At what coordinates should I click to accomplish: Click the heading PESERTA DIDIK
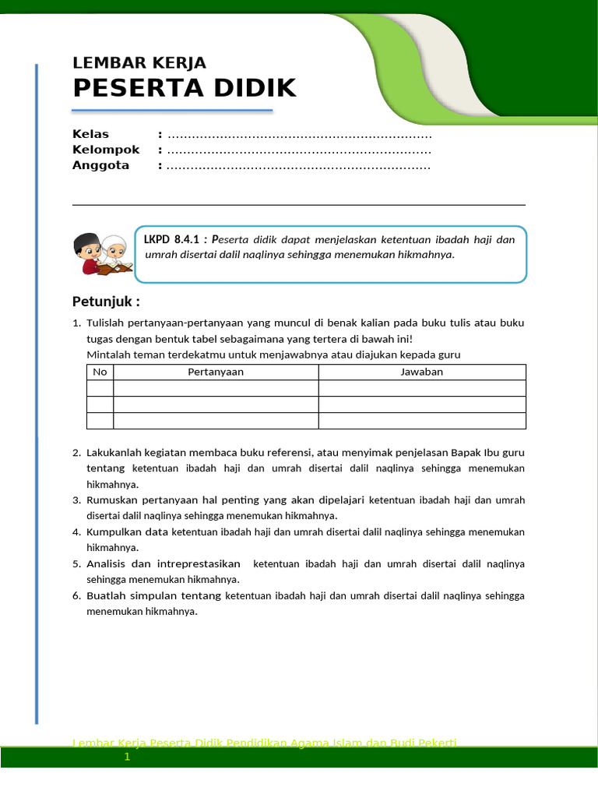coord(184,88)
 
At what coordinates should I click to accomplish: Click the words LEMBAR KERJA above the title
coord(139,63)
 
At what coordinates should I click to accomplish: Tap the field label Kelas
coord(90,134)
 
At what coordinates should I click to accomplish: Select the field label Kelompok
coord(106,150)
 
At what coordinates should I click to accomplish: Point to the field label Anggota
coord(100,165)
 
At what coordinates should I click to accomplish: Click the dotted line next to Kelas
coord(299,135)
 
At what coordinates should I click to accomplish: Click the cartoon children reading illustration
coord(102,253)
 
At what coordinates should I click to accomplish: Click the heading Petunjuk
coord(106,302)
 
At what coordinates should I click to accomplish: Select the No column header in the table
coord(100,372)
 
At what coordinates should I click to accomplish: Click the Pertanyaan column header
coord(216,372)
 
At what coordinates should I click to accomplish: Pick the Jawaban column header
coord(421,372)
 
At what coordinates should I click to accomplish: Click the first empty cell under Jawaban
coord(421,388)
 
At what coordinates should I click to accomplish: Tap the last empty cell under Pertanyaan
coord(216,421)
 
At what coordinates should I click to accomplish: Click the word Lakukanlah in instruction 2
coord(112,452)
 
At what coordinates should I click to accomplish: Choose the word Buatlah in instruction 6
coord(104,595)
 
